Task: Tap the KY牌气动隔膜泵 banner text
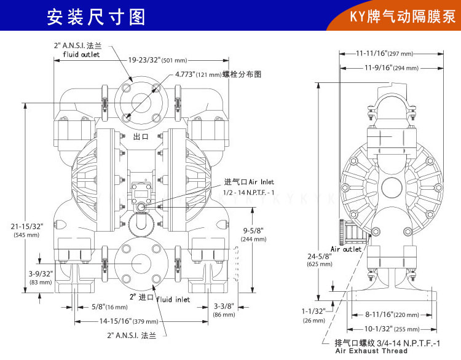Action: coord(400,17)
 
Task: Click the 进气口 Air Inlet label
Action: coord(249,182)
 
